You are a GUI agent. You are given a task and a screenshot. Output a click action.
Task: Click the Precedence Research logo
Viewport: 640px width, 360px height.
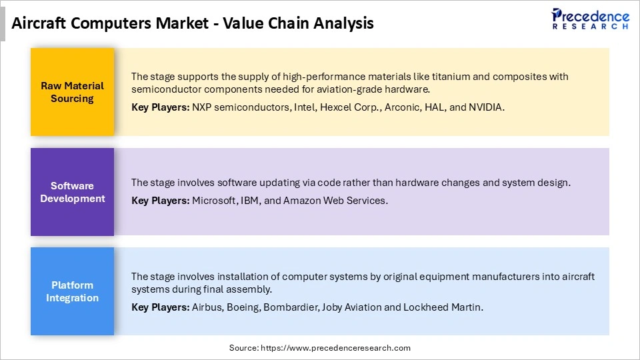590,19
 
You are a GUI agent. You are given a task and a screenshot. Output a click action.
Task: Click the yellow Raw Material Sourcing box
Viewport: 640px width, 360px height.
72,92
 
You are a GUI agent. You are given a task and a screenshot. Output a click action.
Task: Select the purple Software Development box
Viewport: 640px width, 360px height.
72,192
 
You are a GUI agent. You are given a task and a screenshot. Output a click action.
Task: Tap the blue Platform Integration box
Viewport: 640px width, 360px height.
72,291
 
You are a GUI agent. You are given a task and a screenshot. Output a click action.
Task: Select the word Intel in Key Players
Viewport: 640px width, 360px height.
306,107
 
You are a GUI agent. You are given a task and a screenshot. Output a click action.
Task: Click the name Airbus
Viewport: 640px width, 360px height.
207,307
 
